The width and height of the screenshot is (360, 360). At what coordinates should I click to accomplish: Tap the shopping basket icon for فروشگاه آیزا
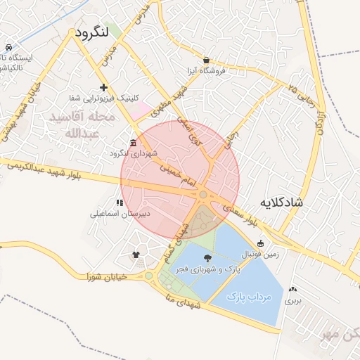(x=206, y=60)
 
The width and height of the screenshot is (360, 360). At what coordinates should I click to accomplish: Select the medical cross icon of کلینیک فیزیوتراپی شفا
(x=104, y=88)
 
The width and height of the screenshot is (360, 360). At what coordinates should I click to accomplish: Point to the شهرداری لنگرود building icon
(x=134, y=143)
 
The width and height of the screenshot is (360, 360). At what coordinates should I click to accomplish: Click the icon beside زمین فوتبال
(x=261, y=244)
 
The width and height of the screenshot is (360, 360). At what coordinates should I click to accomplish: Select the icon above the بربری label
(x=292, y=288)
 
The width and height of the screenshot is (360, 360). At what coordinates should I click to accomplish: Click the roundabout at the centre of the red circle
(x=203, y=195)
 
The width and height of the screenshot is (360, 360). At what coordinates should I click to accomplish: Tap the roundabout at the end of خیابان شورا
(x=148, y=276)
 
